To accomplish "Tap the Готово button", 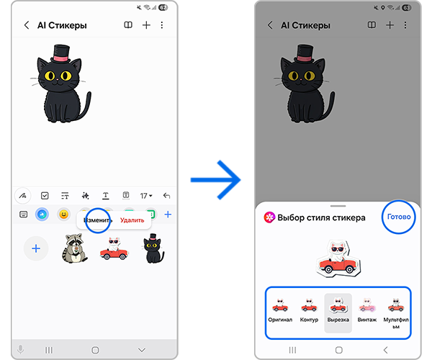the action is (x=399, y=217).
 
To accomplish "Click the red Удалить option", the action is (x=132, y=220).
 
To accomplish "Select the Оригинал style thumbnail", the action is (x=280, y=310).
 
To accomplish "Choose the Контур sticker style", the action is (x=309, y=310).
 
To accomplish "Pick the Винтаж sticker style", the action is (x=367, y=310).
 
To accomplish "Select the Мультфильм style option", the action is (x=396, y=313).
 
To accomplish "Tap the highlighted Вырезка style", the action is (x=338, y=313).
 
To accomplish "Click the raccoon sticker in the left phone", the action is (x=74, y=248).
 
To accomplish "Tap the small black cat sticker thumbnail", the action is (x=153, y=248).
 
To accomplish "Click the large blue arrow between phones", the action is (x=215, y=180).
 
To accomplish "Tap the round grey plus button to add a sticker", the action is (x=36, y=248).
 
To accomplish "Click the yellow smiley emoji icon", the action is (x=63, y=215).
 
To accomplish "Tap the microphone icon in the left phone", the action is (x=20, y=350).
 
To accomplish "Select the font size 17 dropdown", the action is (x=146, y=196).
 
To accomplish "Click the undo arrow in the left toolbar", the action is (x=166, y=196).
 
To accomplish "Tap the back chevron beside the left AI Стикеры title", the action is (x=27, y=25).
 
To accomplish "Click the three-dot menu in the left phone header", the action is (x=162, y=25).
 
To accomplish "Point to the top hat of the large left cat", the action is (x=61, y=53).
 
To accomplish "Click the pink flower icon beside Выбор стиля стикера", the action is (x=269, y=217).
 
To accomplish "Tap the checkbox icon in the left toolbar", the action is (x=45, y=196).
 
